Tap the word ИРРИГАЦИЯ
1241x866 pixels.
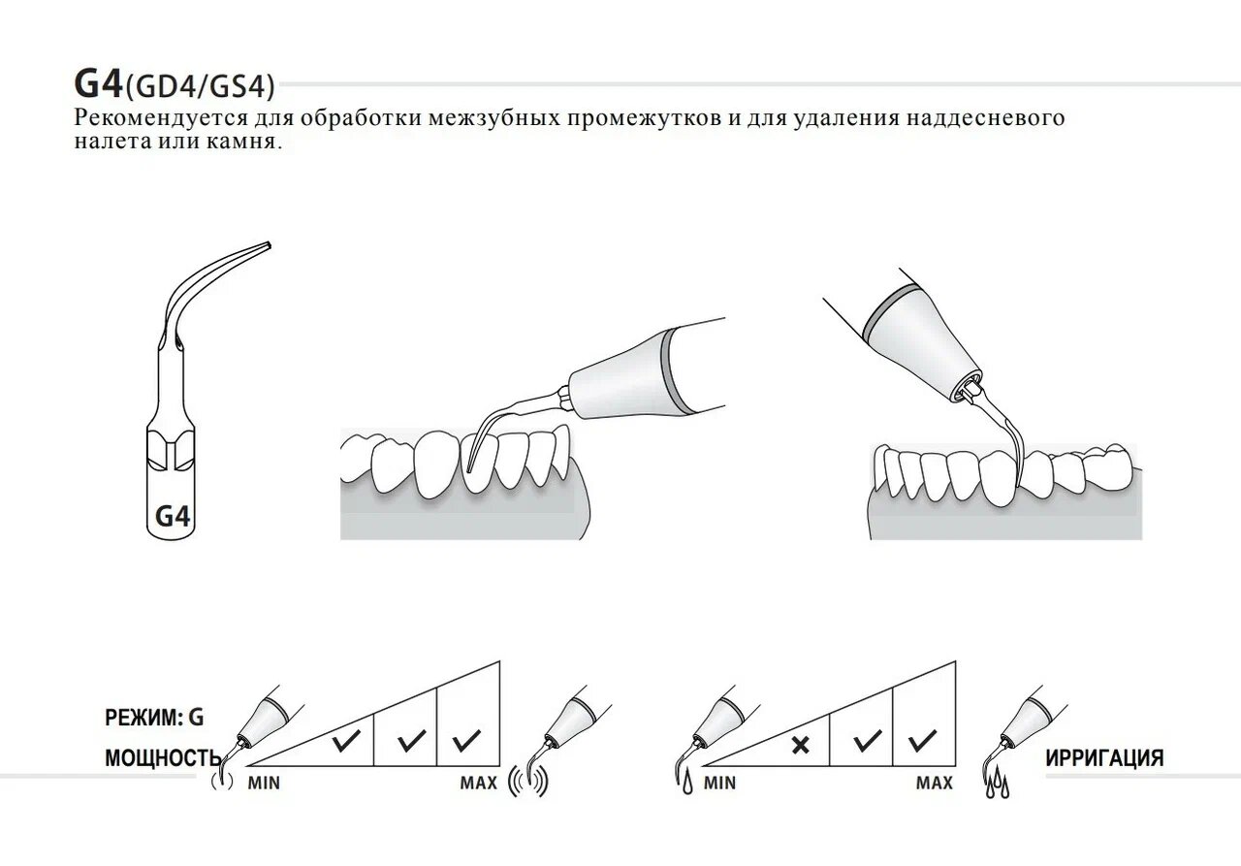1104,758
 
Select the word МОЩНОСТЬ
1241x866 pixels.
163,758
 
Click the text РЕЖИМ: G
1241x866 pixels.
155,719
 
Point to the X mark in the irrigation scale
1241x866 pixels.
800,745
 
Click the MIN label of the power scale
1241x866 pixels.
263,783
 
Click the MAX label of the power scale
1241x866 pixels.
478,783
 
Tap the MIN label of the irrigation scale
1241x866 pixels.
718,783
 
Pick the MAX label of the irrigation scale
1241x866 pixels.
934,783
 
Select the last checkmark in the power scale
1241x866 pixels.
466,744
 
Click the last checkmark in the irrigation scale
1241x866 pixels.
922,744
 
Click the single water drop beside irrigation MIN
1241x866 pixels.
686,784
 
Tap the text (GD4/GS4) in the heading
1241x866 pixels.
200,87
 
